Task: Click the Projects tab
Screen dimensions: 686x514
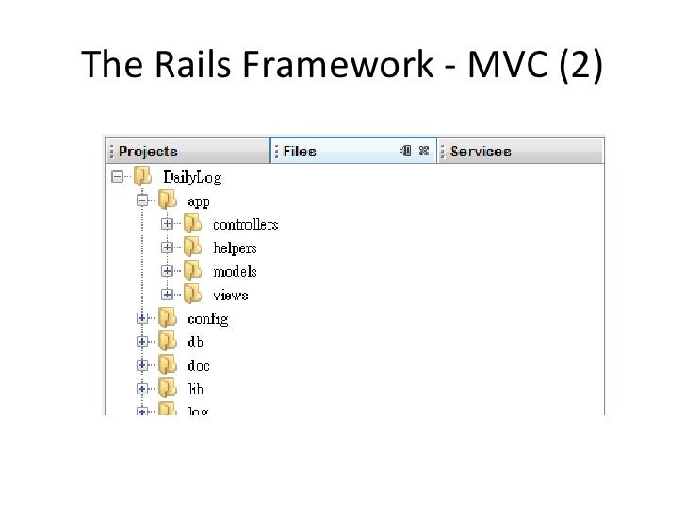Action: pos(149,151)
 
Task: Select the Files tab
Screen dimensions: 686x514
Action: pos(300,151)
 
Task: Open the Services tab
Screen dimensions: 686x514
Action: pos(481,151)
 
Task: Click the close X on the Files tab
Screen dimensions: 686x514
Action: pos(424,151)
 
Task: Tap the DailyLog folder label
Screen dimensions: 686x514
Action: pos(192,176)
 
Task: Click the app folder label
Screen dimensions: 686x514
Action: pos(198,201)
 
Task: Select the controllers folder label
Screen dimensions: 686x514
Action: pos(245,224)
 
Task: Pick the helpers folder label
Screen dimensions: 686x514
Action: pos(235,248)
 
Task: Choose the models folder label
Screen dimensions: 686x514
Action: pos(235,271)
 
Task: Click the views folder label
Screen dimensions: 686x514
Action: pos(231,295)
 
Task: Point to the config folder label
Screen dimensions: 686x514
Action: pos(207,318)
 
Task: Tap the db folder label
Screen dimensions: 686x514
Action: pos(195,342)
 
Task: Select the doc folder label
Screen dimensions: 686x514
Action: pos(199,365)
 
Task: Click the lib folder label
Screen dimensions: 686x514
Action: pos(195,389)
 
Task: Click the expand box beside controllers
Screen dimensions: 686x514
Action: pos(167,224)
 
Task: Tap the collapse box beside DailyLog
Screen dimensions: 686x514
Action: pos(117,176)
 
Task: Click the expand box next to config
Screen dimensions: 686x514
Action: pos(142,318)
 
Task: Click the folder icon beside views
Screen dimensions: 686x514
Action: pos(193,294)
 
